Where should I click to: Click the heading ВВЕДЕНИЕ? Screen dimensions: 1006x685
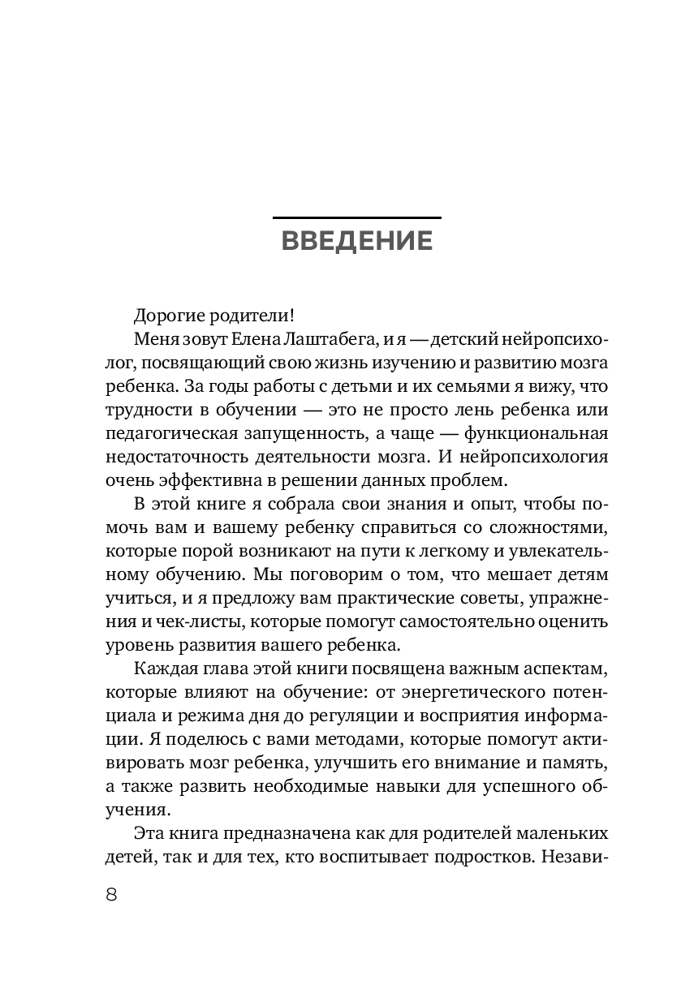(356, 242)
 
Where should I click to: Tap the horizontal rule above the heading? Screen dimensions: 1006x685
(356, 217)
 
